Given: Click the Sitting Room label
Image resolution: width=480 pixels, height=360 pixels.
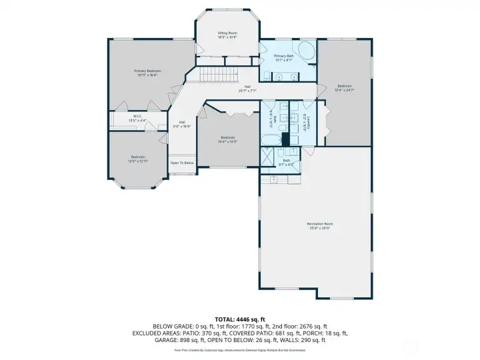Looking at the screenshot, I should [228, 34].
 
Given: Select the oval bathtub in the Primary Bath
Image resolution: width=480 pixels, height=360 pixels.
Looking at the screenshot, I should [307, 51].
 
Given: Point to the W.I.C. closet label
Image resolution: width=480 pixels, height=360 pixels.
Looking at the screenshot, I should [137, 118].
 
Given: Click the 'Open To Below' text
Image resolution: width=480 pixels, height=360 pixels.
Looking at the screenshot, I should [181, 163].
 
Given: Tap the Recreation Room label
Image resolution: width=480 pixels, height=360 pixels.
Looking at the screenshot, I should [319, 225].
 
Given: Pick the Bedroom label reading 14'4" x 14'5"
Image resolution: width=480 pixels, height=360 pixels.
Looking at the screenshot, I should [227, 140].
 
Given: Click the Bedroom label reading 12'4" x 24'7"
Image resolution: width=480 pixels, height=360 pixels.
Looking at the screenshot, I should [344, 87].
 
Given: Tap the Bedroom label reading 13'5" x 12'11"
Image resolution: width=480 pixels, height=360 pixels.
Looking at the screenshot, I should [138, 159].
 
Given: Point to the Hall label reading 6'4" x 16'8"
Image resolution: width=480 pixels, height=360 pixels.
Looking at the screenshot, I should [182, 124].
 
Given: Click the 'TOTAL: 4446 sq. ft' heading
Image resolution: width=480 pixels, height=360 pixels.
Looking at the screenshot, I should [240, 319].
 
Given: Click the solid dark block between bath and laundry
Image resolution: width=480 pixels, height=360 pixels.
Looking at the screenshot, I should [285, 139].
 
